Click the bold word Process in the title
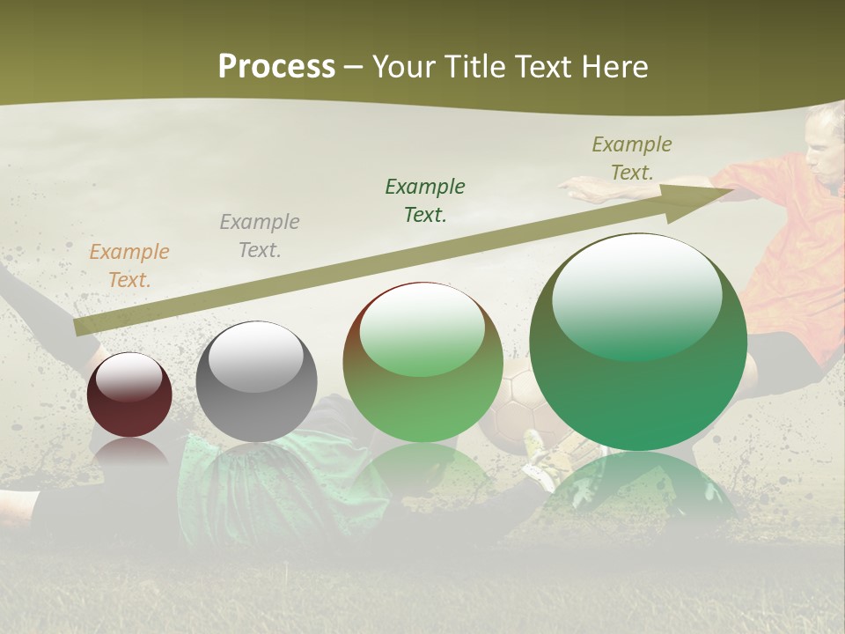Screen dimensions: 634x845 (276, 66)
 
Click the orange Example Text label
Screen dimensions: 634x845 (129, 266)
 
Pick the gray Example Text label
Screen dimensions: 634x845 (260, 236)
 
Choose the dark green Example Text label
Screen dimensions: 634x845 (425, 200)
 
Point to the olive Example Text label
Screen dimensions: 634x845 (632, 158)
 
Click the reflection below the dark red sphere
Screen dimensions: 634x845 (129, 453)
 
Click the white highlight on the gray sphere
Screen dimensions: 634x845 (255, 357)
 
